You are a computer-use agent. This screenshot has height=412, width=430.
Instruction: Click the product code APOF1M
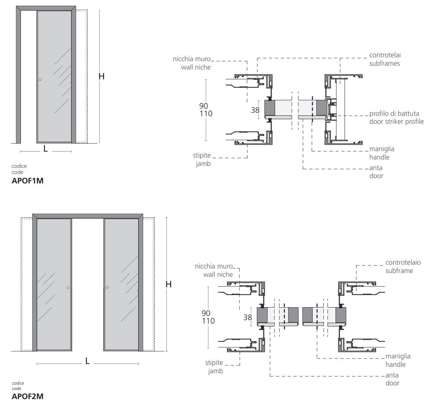click(27, 181)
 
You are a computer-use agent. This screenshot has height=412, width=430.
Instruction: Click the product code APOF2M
click(27, 396)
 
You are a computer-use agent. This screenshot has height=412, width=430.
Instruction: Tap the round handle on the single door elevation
click(40, 80)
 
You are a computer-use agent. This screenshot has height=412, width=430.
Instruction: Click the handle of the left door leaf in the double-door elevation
click(68, 287)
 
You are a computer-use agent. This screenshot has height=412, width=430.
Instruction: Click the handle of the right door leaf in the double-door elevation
click(107, 287)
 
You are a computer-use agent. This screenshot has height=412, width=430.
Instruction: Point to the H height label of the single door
click(101, 76)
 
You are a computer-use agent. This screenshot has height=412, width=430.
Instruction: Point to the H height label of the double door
click(169, 284)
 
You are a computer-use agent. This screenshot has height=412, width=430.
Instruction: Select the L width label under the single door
click(46, 149)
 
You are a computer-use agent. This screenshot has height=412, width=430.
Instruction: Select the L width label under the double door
click(88, 361)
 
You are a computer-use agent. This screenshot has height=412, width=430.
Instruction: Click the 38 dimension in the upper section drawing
click(255, 110)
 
